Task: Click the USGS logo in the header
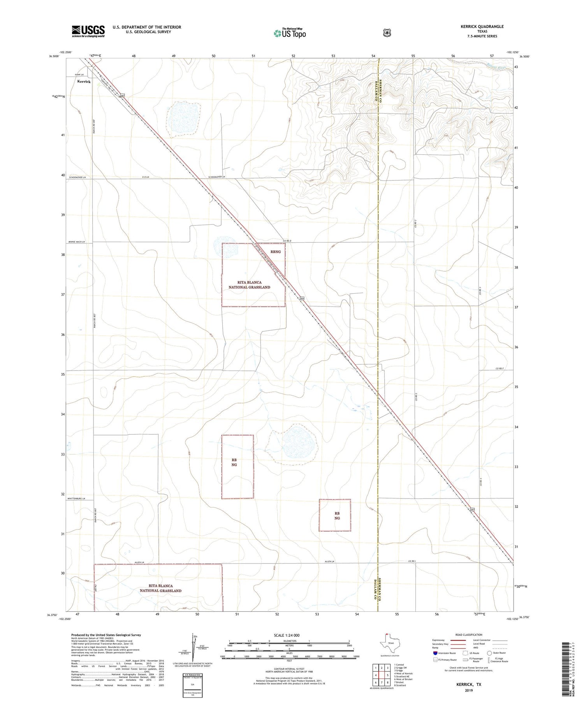click(x=88, y=31)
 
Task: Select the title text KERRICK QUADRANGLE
click(x=482, y=26)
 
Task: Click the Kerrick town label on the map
click(x=84, y=82)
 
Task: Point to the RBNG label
click(x=275, y=252)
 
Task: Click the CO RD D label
click(x=287, y=241)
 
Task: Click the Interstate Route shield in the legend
click(x=435, y=653)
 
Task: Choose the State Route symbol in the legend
click(x=489, y=653)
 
